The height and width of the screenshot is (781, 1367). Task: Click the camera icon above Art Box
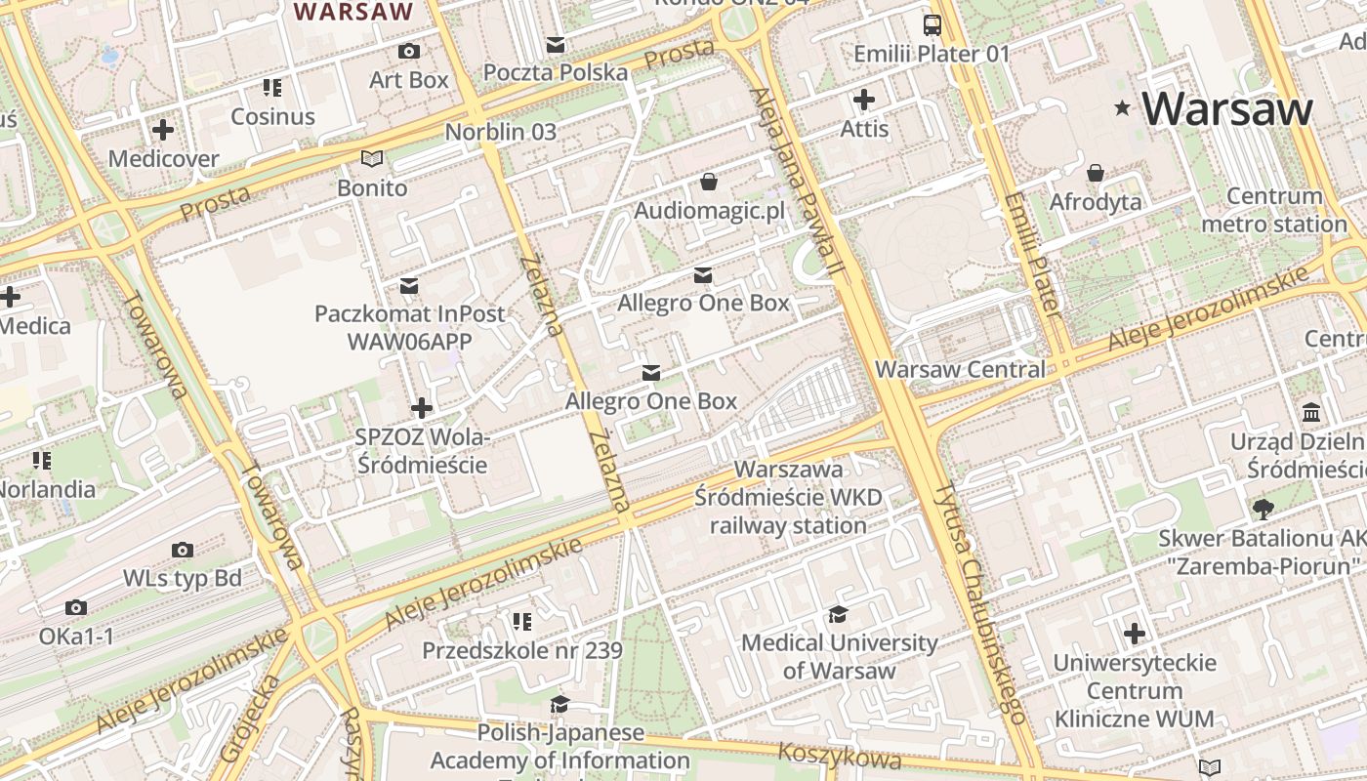(409, 51)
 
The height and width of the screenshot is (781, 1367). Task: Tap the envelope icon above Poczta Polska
(556, 44)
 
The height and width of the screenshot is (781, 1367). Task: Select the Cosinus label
(272, 116)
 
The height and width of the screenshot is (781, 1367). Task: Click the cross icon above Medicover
(163, 129)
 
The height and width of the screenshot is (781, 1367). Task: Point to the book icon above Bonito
(372, 158)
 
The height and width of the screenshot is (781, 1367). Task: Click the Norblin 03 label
(500, 132)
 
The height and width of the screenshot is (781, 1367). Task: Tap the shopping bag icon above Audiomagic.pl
(709, 182)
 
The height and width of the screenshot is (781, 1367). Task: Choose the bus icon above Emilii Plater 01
(932, 24)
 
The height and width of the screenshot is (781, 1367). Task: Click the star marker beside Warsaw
(1123, 108)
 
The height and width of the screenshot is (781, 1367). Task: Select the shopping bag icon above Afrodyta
(1096, 173)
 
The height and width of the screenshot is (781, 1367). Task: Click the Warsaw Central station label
(960, 369)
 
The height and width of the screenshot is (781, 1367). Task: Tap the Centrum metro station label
(1273, 210)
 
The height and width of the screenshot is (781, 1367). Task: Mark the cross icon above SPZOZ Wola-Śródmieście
(422, 407)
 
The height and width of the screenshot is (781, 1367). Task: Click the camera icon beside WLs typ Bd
(182, 550)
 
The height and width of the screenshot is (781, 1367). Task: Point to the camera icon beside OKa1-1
(76, 607)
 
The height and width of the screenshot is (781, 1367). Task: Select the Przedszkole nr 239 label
(521, 649)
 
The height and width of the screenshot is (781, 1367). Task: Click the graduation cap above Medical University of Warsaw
(838, 614)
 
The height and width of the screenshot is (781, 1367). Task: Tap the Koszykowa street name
(840, 756)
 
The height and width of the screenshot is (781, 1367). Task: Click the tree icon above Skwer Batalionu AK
(1263, 509)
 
